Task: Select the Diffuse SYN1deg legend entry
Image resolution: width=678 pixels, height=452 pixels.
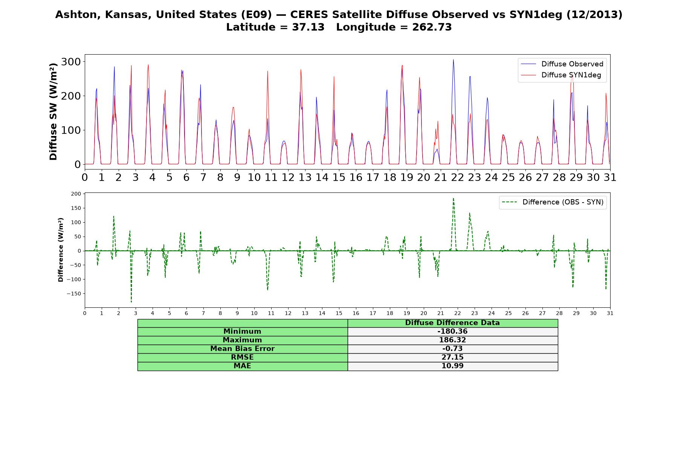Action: click(x=561, y=75)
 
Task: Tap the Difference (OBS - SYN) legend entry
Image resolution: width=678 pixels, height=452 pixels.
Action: click(x=553, y=202)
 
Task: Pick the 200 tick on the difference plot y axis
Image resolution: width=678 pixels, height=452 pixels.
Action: click(x=76, y=194)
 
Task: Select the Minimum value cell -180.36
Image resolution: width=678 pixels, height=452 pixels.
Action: click(x=452, y=331)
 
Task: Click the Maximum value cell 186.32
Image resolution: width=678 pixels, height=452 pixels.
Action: click(x=452, y=340)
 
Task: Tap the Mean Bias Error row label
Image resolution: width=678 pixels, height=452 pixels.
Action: click(x=242, y=349)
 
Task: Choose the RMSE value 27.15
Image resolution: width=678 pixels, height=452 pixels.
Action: click(x=452, y=357)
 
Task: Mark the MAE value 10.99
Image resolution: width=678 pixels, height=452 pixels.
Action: click(x=452, y=366)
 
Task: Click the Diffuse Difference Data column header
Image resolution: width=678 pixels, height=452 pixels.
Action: click(x=452, y=323)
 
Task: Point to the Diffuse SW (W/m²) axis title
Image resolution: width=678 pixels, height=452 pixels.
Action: click(x=53, y=112)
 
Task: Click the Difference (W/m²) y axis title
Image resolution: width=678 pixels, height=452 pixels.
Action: click(x=61, y=250)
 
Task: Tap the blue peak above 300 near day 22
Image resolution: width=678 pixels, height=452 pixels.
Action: click(x=453, y=60)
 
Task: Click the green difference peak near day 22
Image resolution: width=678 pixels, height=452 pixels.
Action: click(x=453, y=198)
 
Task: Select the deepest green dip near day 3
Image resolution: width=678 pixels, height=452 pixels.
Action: click(x=131, y=302)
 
